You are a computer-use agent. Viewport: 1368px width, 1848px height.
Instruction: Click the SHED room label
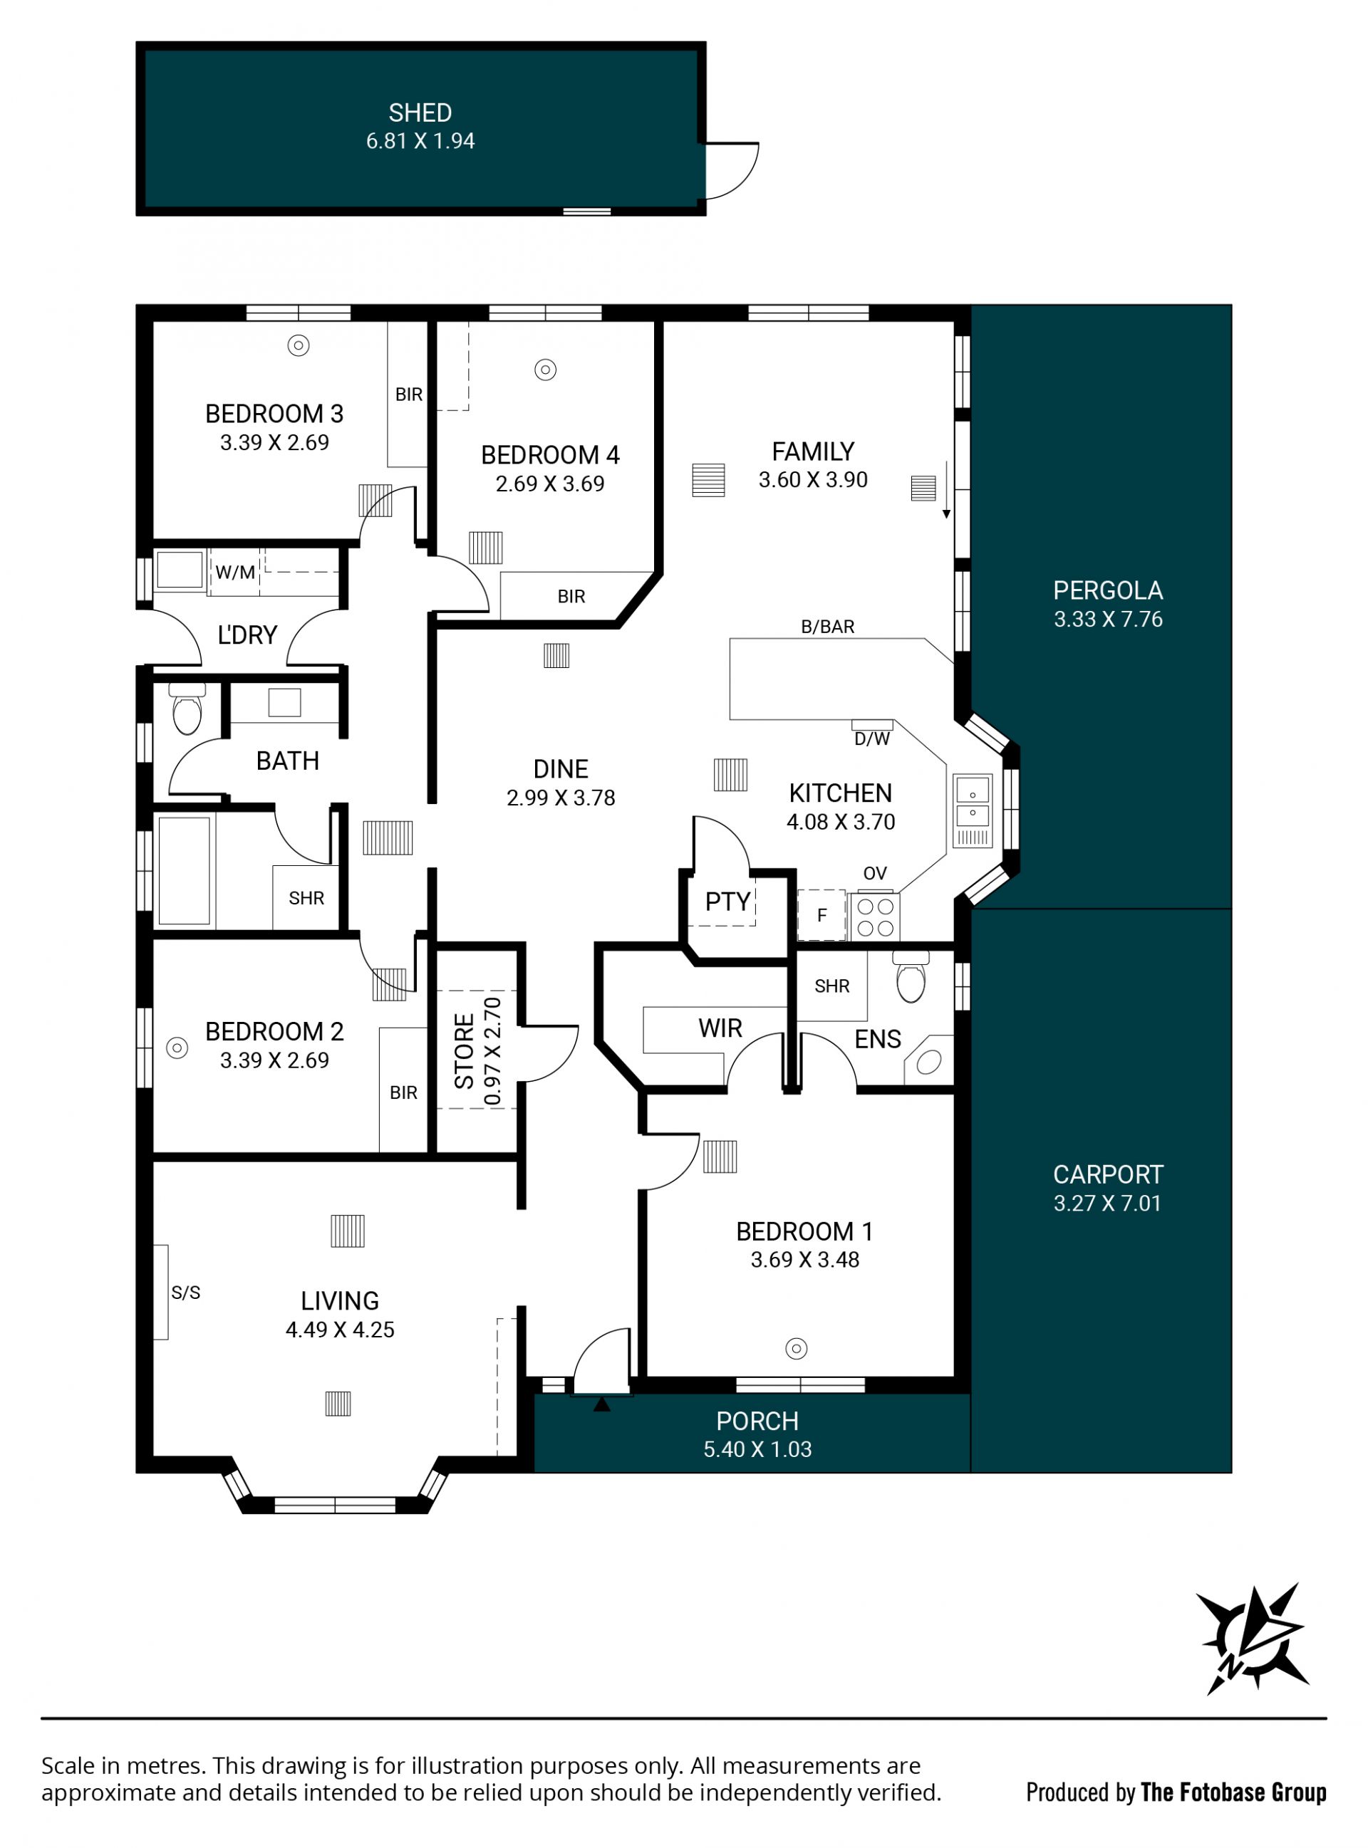pos(420,113)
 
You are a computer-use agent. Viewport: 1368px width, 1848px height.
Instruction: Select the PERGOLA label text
pos(1108,591)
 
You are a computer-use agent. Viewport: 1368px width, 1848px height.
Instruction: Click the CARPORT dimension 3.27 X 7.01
pos(1108,1204)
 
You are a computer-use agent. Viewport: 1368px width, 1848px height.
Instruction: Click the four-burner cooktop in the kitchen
pos(874,916)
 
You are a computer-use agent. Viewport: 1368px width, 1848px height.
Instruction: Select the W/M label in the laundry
pos(235,572)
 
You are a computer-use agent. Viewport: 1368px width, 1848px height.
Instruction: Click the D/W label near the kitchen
pos(872,739)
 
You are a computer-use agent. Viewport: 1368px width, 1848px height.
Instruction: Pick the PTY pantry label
pos(728,902)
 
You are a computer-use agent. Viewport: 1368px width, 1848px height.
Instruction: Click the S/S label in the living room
pos(185,1293)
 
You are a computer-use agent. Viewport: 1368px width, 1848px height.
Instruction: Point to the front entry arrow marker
pos(602,1404)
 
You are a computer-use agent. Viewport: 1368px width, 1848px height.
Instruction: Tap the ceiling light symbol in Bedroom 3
pos(298,346)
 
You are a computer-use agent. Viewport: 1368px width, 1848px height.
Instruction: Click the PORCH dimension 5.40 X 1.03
pos(757,1449)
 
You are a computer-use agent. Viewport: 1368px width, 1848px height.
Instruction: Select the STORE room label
pos(465,1051)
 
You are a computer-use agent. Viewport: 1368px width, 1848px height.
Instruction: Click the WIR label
pos(720,1029)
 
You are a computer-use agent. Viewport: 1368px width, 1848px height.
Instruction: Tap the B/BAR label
pos(828,627)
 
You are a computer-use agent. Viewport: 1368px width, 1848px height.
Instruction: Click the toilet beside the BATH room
pos(187,709)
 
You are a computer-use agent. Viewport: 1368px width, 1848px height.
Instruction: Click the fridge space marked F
pos(822,915)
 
